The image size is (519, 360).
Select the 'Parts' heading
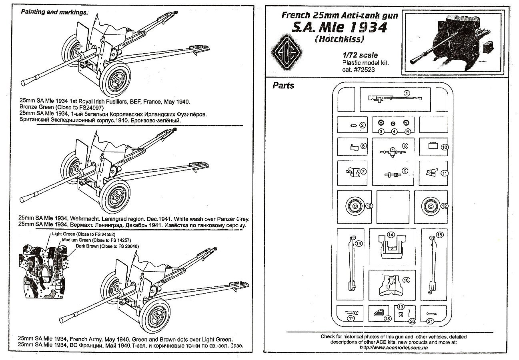283,86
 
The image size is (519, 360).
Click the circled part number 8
405,146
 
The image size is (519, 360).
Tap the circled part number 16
406,280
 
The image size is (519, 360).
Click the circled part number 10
444,147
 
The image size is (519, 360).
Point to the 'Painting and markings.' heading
54,12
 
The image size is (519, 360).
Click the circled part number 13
359,243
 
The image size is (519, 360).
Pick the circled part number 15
440,235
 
